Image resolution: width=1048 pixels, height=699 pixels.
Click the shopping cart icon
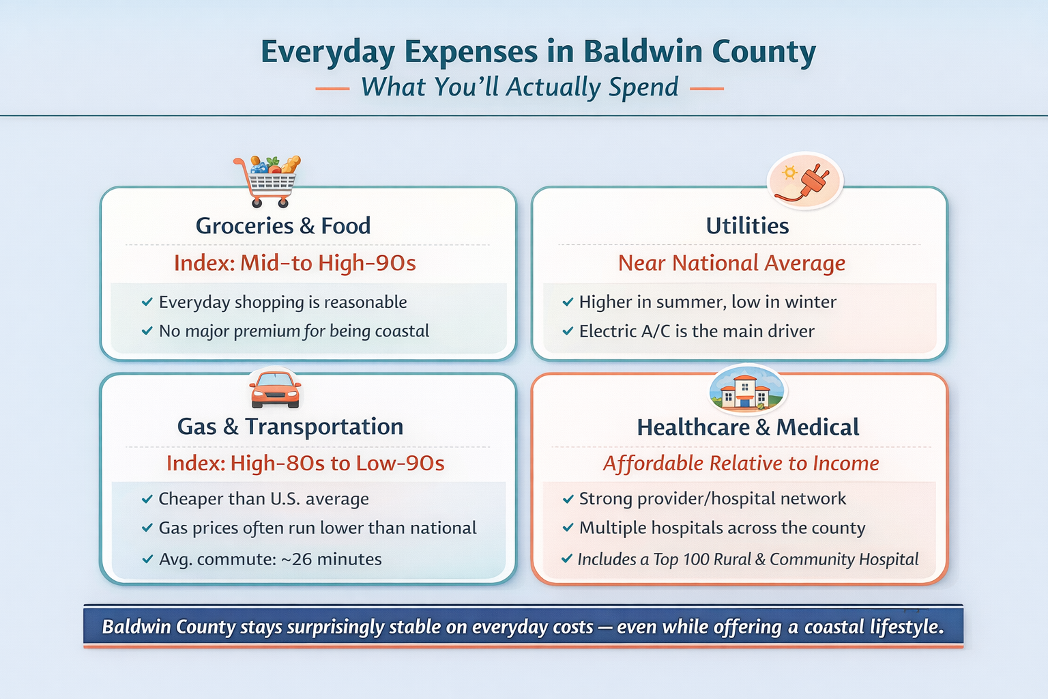[x=267, y=182]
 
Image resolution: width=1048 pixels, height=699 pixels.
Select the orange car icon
[x=275, y=390]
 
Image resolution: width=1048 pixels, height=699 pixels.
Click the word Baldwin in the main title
[x=643, y=51]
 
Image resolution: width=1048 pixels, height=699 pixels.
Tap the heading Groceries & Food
[x=283, y=226]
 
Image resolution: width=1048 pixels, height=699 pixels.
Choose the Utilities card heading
[x=747, y=226]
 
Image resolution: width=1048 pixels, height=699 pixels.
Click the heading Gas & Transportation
[x=290, y=427]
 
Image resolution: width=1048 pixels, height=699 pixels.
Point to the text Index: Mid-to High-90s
[x=295, y=263]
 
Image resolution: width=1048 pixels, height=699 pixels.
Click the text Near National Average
[x=731, y=263]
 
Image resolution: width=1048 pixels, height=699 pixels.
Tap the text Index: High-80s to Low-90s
[x=306, y=463]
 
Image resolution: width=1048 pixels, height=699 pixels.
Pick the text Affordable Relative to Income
[x=741, y=463]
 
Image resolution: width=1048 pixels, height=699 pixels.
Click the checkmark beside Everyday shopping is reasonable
[x=147, y=302]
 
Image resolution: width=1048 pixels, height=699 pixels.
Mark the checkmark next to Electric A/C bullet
[x=568, y=331]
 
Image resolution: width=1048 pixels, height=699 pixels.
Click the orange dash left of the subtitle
[x=333, y=88]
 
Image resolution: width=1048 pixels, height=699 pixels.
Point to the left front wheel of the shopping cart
[x=257, y=203]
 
